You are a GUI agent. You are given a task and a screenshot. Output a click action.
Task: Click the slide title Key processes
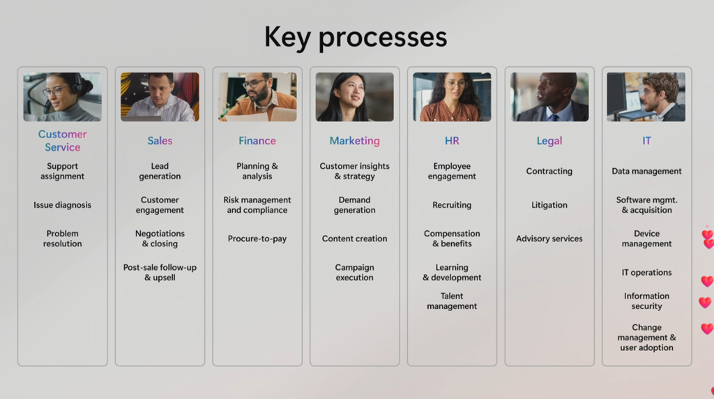click(356, 38)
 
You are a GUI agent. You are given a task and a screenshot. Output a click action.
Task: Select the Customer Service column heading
click(62, 140)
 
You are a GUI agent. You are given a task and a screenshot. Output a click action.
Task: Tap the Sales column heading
click(160, 141)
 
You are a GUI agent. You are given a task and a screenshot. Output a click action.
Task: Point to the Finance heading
click(257, 141)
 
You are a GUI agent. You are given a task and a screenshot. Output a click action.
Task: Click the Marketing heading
click(355, 141)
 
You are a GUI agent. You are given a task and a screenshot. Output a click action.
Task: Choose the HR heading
click(452, 141)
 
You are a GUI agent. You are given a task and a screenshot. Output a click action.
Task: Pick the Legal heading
click(549, 141)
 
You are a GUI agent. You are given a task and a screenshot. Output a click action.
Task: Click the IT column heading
click(646, 141)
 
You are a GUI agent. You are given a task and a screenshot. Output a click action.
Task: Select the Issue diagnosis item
click(62, 205)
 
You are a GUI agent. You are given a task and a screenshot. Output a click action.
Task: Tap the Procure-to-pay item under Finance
click(257, 239)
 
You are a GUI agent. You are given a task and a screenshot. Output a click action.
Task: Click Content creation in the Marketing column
click(355, 239)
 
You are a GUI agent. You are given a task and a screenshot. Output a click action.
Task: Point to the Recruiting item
click(452, 205)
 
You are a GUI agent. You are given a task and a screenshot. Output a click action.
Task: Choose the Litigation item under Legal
click(549, 205)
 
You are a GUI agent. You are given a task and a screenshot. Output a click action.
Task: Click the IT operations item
click(646, 272)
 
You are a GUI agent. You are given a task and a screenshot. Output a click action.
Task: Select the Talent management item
click(452, 301)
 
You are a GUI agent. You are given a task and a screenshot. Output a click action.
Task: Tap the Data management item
click(646, 172)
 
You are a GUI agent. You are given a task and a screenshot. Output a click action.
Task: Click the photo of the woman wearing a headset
click(62, 97)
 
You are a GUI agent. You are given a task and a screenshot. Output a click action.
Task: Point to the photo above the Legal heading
click(549, 97)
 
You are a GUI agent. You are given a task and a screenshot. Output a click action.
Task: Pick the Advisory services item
click(549, 239)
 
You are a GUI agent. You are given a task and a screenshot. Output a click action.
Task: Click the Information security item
click(646, 301)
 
